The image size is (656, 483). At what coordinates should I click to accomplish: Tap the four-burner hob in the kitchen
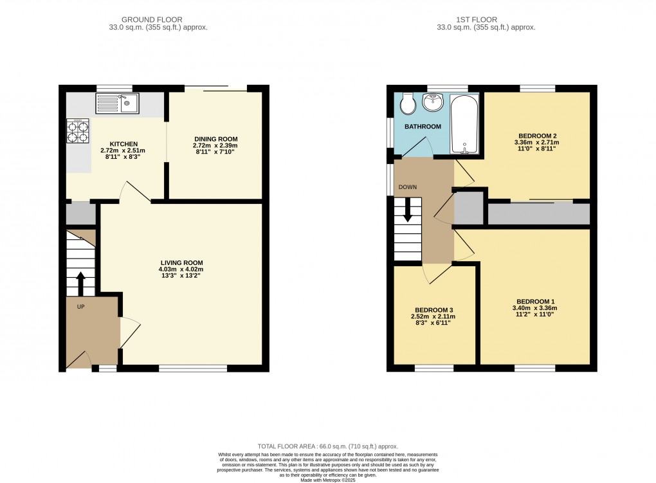(x=78, y=131)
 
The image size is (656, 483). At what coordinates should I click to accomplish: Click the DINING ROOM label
(x=215, y=138)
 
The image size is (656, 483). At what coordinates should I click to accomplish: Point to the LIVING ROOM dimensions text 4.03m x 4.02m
(x=181, y=269)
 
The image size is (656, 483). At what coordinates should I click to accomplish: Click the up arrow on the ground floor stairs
(x=80, y=282)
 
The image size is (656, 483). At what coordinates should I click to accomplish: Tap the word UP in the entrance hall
(x=81, y=306)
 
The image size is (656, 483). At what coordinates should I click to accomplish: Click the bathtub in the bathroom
(x=464, y=123)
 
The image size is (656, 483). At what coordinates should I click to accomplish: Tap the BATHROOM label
(x=423, y=127)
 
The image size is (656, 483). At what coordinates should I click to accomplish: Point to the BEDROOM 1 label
(x=535, y=302)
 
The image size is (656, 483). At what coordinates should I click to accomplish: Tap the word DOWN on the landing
(x=408, y=187)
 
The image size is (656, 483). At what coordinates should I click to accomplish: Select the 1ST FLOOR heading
(x=486, y=20)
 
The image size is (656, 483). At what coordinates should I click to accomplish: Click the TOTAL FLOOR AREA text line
(x=327, y=446)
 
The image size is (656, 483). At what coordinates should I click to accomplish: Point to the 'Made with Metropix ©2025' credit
(x=327, y=479)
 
